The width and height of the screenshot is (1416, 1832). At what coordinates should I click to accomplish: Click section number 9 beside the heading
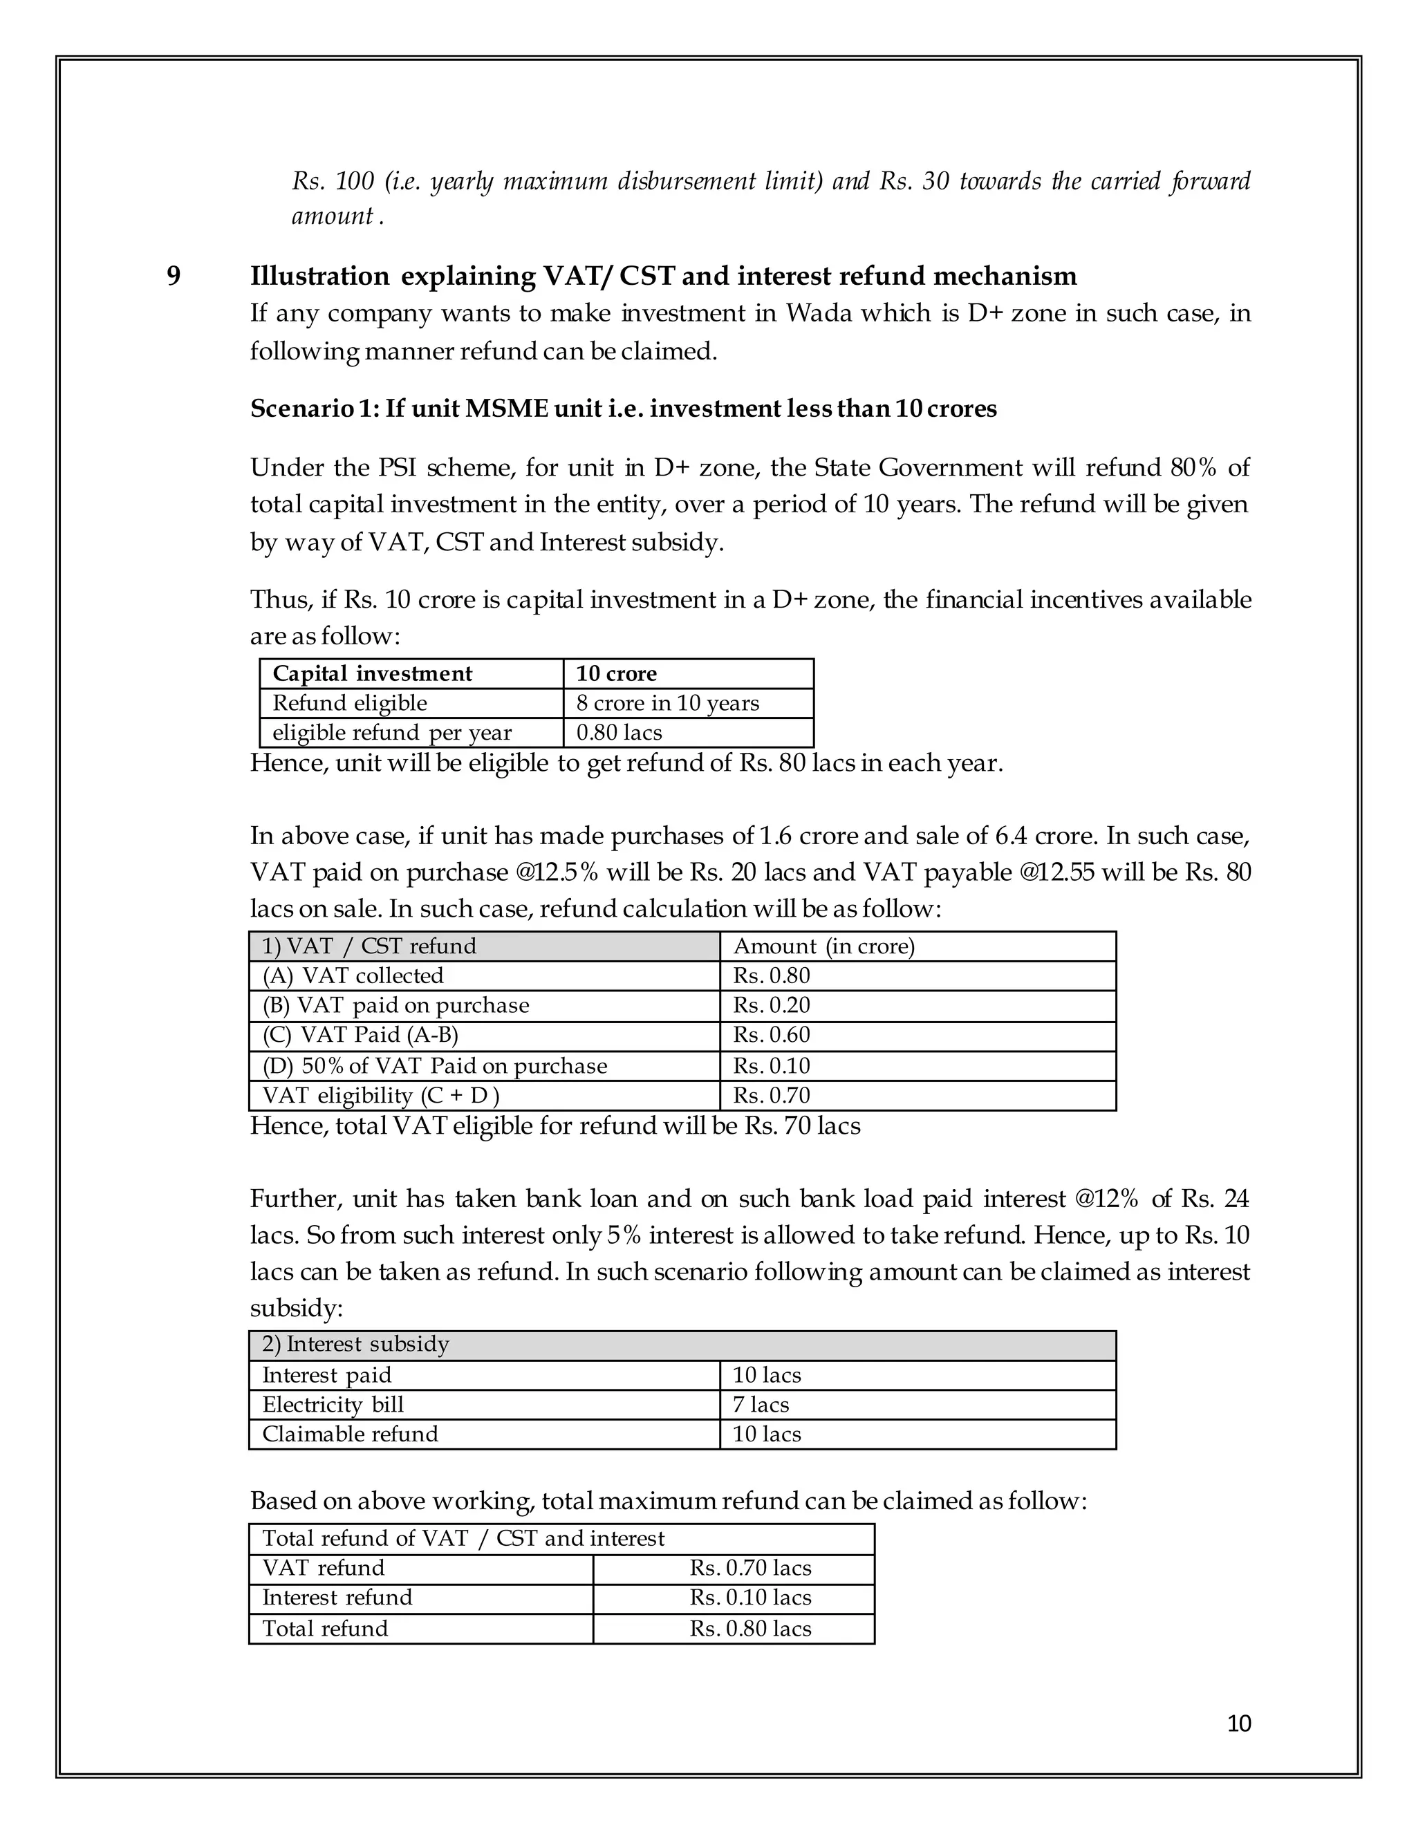(x=174, y=276)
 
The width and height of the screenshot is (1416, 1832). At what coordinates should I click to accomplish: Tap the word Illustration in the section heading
(x=319, y=276)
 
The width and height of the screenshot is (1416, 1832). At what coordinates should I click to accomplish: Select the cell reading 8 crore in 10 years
(x=667, y=703)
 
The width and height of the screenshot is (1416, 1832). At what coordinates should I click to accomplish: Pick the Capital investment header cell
(x=373, y=673)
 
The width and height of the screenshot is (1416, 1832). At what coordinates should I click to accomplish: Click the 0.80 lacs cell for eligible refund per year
(x=619, y=732)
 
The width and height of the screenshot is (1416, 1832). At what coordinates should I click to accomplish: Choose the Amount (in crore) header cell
(x=823, y=946)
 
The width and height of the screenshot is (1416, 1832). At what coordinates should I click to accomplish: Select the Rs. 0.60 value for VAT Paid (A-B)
(x=772, y=1034)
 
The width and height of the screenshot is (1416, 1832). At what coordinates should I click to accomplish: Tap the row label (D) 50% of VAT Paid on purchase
(x=434, y=1065)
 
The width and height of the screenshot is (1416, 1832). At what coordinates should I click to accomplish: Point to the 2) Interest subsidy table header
(x=355, y=1344)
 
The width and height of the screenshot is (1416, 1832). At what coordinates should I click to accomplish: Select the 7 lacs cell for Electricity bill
(x=761, y=1404)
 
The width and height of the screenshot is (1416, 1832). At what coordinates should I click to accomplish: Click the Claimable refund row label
(x=350, y=1434)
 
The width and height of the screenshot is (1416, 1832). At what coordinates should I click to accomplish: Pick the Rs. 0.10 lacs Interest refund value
(x=751, y=1597)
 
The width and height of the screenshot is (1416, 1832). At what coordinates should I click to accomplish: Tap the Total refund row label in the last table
(x=326, y=1628)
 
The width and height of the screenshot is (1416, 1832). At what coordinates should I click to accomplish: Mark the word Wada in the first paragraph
(x=818, y=313)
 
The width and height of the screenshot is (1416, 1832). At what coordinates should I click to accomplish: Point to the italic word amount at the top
(x=331, y=216)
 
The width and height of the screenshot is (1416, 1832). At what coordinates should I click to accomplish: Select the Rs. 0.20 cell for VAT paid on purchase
(x=772, y=1005)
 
